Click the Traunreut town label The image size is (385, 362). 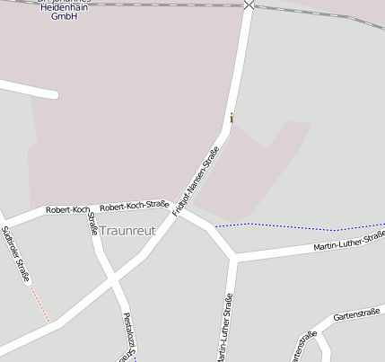pyautogui.click(x=127, y=230)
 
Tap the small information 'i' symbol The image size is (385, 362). pyautogui.click(x=232, y=118)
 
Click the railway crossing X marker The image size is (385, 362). pyautogui.click(x=249, y=4)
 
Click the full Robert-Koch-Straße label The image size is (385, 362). pyautogui.click(x=135, y=206)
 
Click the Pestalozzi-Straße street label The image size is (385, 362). pyautogui.click(x=128, y=336)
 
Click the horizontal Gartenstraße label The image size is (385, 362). pyautogui.click(x=356, y=313)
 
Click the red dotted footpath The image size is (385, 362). pyautogui.click(x=39, y=305)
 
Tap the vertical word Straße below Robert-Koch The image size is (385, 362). pyautogui.click(x=92, y=224)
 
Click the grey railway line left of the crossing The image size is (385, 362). pyautogui.click(x=135, y=4)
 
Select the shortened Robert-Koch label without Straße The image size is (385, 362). pyautogui.click(x=68, y=209)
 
